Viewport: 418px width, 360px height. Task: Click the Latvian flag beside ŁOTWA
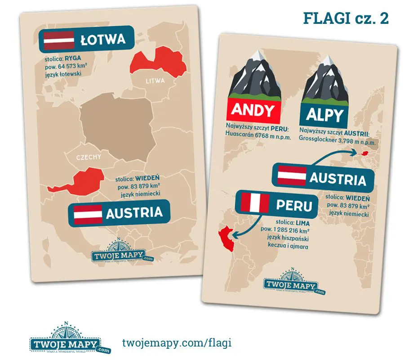(58, 40)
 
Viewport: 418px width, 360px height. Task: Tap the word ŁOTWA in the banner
(102, 40)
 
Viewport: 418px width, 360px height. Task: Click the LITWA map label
(155, 81)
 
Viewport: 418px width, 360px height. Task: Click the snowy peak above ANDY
(256, 58)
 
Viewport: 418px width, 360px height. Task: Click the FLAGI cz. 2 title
(346, 18)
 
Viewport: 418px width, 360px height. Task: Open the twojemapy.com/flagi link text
(177, 342)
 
